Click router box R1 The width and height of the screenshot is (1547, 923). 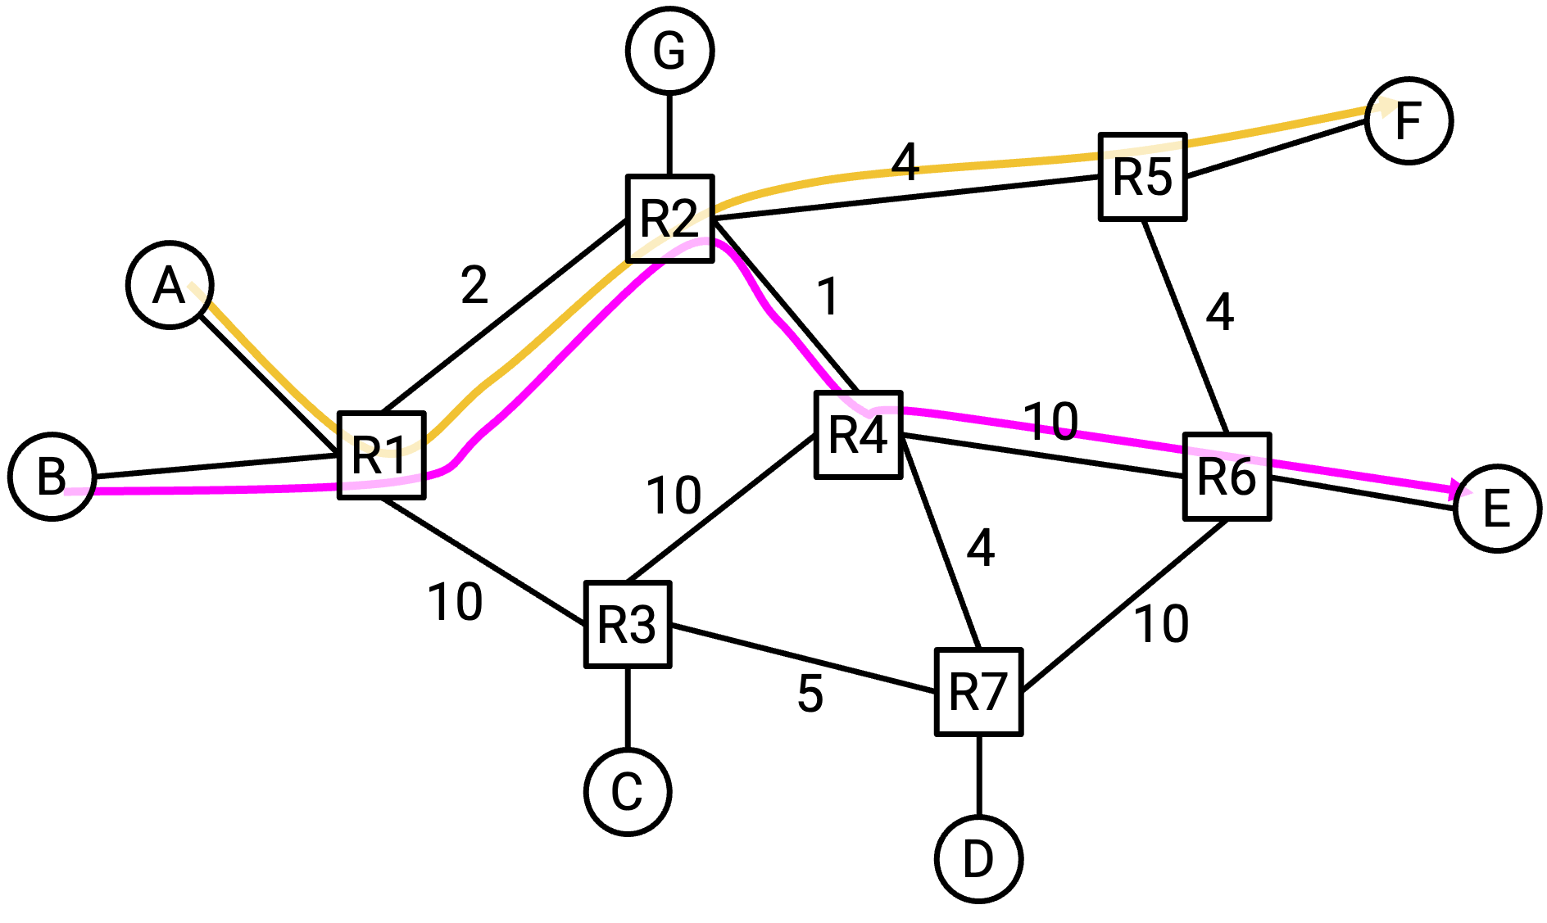[x=382, y=455]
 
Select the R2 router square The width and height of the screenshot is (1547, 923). [x=670, y=218]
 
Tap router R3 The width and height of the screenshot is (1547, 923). [x=628, y=625]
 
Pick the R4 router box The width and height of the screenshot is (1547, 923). [x=858, y=434]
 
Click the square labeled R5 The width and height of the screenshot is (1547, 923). [x=1142, y=177]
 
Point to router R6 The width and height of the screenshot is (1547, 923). [x=1227, y=477]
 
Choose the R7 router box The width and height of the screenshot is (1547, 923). [x=978, y=692]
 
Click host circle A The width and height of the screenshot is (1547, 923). [x=170, y=285]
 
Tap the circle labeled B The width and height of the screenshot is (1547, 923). [x=52, y=476]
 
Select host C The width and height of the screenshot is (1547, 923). [x=628, y=791]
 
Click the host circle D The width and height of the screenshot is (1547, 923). [x=978, y=858]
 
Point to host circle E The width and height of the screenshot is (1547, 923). [x=1497, y=509]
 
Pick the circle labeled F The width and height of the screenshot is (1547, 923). [x=1409, y=120]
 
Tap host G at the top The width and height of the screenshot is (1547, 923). [x=669, y=51]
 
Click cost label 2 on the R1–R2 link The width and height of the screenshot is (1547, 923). [x=474, y=286]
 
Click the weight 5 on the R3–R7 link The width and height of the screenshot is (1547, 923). [x=810, y=695]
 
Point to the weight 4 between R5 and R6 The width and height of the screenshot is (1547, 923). [x=1219, y=312]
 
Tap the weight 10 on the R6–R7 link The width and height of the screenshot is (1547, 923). [x=1161, y=624]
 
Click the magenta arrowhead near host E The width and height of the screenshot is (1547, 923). [x=1461, y=490]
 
